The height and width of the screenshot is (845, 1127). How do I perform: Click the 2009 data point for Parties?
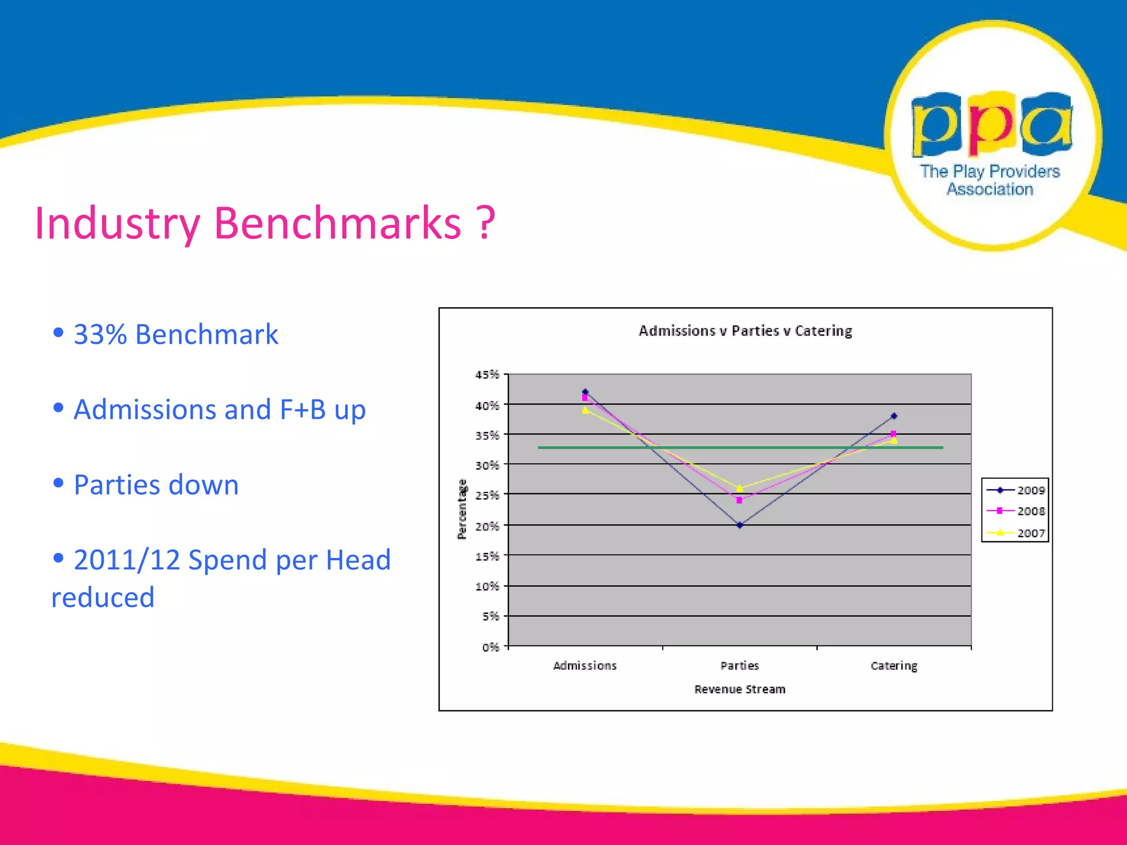point(740,525)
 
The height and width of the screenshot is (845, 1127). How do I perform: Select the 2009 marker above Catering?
point(894,416)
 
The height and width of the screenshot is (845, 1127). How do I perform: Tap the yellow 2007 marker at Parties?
point(740,488)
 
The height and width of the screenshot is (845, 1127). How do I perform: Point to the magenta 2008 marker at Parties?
point(739,500)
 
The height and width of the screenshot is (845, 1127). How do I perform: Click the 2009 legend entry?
point(1015,490)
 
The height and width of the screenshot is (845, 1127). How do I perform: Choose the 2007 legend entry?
point(1015,533)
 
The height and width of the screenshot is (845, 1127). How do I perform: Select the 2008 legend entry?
point(1015,511)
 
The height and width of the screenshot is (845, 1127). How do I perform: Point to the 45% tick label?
point(487,375)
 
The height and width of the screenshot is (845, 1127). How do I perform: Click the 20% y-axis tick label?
point(487,526)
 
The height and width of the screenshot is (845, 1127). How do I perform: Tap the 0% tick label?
point(490,647)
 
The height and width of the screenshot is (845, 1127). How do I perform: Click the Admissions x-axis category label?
point(585,666)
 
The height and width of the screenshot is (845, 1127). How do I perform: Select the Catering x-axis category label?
point(894,666)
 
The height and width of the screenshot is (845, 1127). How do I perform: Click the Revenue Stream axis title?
point(740,689)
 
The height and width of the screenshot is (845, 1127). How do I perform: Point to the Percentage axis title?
point(462,509)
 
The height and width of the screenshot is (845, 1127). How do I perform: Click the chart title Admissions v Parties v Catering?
point(745,331)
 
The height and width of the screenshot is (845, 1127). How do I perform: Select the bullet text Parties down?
point(156,485)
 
